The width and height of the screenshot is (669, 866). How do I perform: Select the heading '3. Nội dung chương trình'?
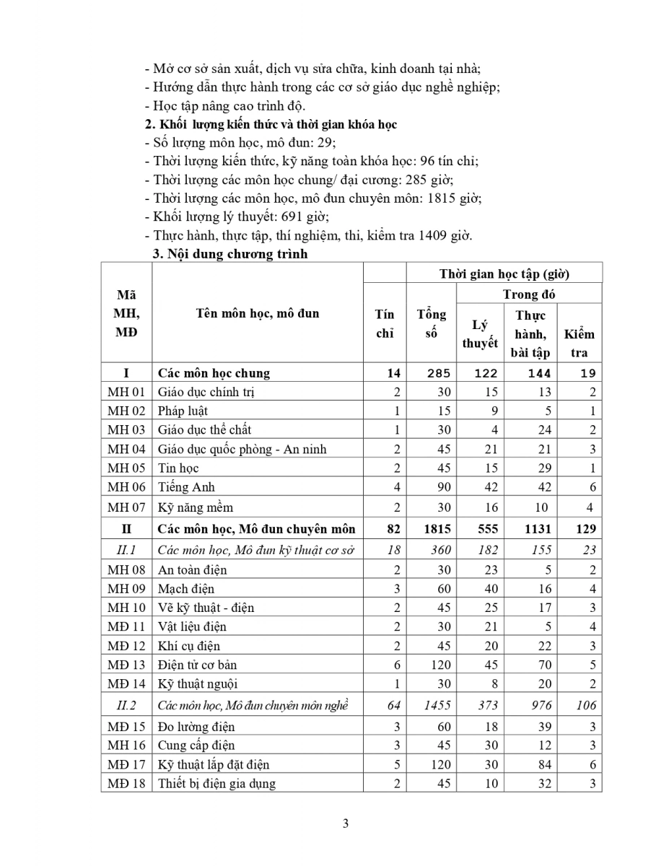coord(229,254)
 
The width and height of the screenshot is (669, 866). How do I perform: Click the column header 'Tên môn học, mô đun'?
coord(257,313)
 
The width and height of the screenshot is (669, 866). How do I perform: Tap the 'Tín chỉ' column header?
coord(385,323)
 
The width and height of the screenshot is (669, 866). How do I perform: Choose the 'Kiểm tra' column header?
coord(580,343)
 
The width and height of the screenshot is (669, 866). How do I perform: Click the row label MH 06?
coord(126,487)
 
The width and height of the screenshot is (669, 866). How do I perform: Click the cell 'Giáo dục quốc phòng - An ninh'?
coord(242,449)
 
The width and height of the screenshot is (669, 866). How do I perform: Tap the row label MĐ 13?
coord(126,665)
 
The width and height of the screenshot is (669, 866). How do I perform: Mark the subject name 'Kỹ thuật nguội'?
coord(197,683)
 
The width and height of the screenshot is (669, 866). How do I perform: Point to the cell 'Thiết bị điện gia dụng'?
coord(217,783)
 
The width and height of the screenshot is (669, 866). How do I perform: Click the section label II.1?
coord(126,550)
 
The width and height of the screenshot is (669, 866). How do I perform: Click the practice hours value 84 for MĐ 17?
coord(543,764)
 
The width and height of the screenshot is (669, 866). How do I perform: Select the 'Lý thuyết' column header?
coord(480,334)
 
